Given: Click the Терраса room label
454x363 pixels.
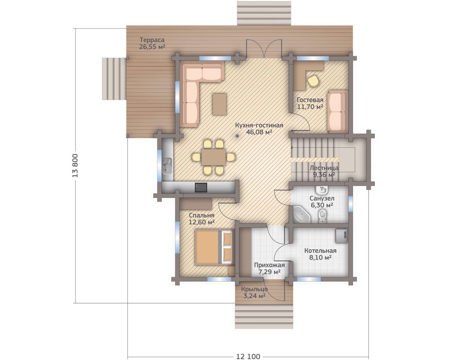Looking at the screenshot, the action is (x=152, y=40).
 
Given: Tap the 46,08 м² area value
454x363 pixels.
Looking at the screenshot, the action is (x=259, y=132).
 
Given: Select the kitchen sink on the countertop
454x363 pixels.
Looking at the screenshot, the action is (x=167, y=166).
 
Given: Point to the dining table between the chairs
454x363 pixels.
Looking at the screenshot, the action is (x=213, y=157).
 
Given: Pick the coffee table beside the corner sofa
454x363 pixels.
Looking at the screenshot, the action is (x=219, y=105).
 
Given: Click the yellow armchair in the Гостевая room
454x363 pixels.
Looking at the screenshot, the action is (x=313, y=81).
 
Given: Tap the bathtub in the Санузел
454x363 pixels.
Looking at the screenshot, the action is (x=302, y=214).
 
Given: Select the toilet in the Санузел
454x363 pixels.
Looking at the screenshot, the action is (x=323, y=216).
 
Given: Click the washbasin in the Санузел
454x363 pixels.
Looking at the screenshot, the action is (x=321, y=190).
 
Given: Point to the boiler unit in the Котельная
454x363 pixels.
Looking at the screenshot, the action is (x=341, y=236).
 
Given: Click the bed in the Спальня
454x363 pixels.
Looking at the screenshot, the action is (x=214, y=247).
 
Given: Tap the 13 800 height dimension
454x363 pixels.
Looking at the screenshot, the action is (x=75, y=166).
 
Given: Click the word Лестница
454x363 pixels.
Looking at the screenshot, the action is (x=324, y=168).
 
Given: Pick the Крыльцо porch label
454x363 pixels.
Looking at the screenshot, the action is (x=255, y=289).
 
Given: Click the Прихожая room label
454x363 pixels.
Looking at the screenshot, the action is (x=269, y=265).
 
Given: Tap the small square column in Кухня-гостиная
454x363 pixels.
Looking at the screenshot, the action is (x=237, y=136).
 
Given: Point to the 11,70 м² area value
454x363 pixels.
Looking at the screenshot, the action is (x=310, y=107).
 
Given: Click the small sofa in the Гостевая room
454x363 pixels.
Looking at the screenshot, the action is (x=337, y=112).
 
